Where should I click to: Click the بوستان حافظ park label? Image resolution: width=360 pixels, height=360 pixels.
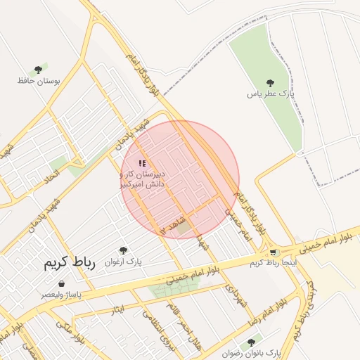[39, 81]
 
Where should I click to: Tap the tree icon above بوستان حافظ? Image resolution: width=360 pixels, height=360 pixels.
[39, 70]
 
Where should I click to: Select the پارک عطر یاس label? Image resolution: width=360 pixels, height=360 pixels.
[271, 93]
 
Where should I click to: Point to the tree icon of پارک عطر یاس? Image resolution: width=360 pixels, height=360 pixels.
[271, 82]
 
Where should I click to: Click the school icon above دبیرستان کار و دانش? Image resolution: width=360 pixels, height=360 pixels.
[142, 163]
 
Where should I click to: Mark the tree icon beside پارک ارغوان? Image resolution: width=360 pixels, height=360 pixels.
[123, 250]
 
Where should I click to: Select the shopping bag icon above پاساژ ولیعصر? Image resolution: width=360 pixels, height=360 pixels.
[61, 283]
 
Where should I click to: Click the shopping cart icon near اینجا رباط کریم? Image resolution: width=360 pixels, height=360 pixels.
[273, 252]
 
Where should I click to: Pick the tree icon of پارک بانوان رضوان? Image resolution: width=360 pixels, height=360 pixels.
[251, 342]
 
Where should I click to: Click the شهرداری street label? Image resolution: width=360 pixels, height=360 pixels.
[236, 295]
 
